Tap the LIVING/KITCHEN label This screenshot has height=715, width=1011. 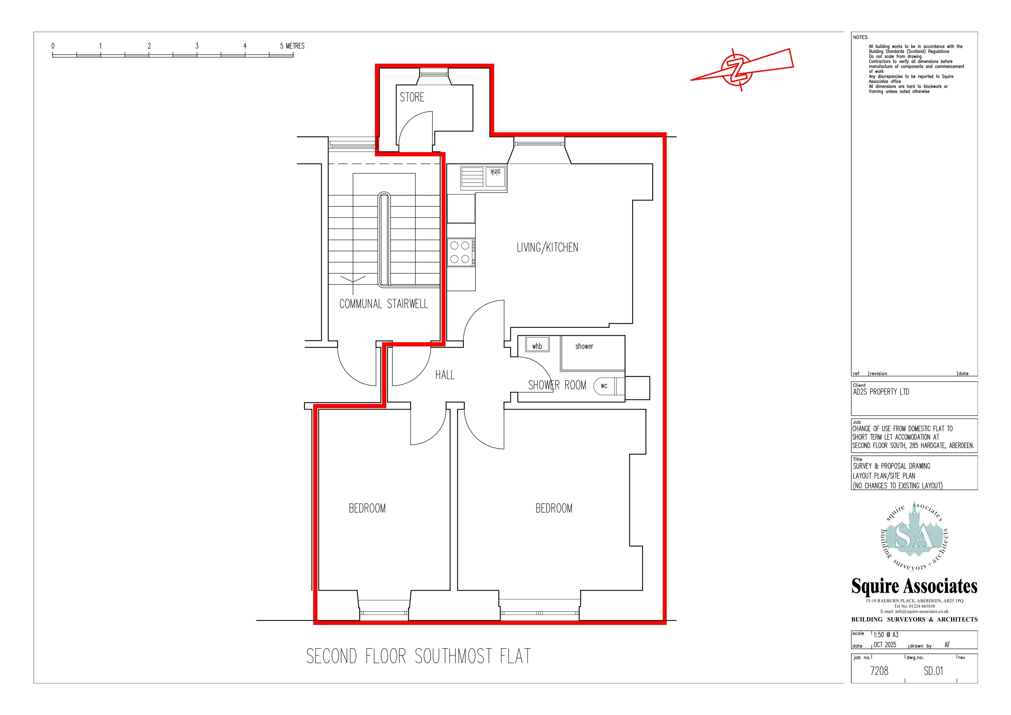547,248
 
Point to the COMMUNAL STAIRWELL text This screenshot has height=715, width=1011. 384,304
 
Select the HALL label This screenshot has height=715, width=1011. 445,375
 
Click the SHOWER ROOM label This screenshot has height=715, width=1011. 557,385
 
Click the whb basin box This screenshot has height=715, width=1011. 537,346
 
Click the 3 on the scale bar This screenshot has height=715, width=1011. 197,46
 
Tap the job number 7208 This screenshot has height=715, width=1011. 879,671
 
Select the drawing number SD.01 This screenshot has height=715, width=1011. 933,671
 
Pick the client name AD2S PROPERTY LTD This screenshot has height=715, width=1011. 881,392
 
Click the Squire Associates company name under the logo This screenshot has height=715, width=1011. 914,586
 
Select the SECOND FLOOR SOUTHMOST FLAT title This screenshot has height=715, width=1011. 419,656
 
